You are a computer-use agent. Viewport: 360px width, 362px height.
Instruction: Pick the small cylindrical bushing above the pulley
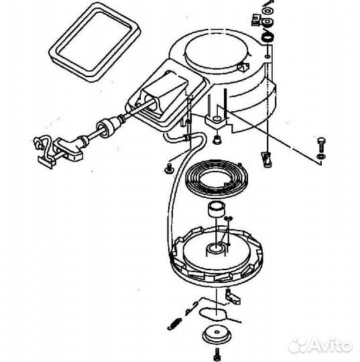click(x=216, y=210)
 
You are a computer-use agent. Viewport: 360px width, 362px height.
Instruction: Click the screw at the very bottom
click(x=217, y=354)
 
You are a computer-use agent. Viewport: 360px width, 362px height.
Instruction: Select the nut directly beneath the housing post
click(x=217, y=139)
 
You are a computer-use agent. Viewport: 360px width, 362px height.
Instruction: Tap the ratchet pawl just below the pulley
click(x=233, y=294)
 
